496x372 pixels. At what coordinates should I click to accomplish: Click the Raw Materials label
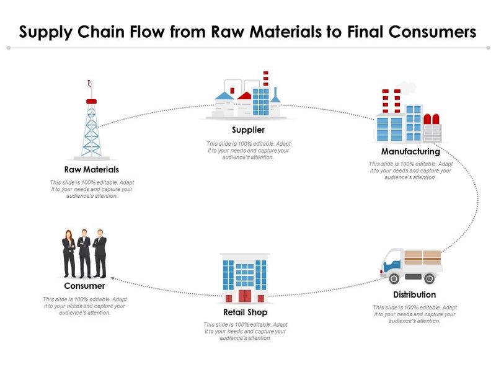91,169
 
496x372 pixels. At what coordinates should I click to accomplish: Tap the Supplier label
248,130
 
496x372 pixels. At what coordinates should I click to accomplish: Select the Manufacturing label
410,151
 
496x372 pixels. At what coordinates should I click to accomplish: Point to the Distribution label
414,294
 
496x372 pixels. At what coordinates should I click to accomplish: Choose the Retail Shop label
246,312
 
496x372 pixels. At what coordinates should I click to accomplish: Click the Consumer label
84,286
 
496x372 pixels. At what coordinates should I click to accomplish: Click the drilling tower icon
91,124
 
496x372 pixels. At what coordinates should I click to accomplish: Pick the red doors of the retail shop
246,296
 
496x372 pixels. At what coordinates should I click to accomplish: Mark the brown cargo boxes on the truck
423,257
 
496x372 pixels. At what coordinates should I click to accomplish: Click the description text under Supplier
248,151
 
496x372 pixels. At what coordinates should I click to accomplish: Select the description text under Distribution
415,314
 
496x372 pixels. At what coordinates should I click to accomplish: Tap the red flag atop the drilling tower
91,100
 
